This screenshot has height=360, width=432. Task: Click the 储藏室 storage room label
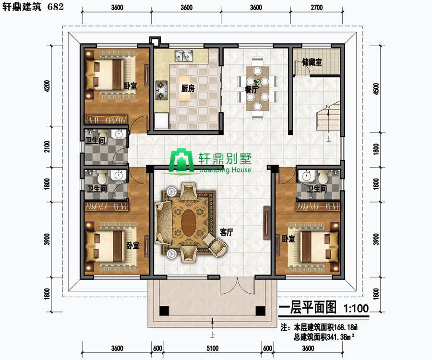point(312,62)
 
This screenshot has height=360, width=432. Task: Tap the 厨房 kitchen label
point(188,88)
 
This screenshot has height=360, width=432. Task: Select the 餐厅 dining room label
point(251,89)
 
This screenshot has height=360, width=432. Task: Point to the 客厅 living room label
point(227,232)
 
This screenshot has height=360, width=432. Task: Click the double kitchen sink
point(184,56)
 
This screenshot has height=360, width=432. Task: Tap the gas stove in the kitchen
point(161,90)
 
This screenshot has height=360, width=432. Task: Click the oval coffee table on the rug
point(189,223)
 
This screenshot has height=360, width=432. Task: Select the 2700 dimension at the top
point(317,7)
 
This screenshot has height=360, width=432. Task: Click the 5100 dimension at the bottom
point(213,348)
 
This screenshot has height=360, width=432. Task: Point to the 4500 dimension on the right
point(376,89)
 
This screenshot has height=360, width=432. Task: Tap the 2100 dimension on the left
point(47,146)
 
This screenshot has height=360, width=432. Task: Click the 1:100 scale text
point(356,308)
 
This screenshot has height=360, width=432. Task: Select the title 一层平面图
point(308,307)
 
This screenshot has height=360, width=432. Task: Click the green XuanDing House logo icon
point(181,161)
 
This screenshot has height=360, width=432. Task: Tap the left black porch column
point(164,311)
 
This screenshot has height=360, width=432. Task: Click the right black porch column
point(260,311)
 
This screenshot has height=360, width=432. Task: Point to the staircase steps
point(328,117)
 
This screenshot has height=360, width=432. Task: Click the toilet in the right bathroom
point(323,177)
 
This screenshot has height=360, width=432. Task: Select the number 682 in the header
point(56,6)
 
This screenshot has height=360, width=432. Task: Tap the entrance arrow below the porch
point(213,324)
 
